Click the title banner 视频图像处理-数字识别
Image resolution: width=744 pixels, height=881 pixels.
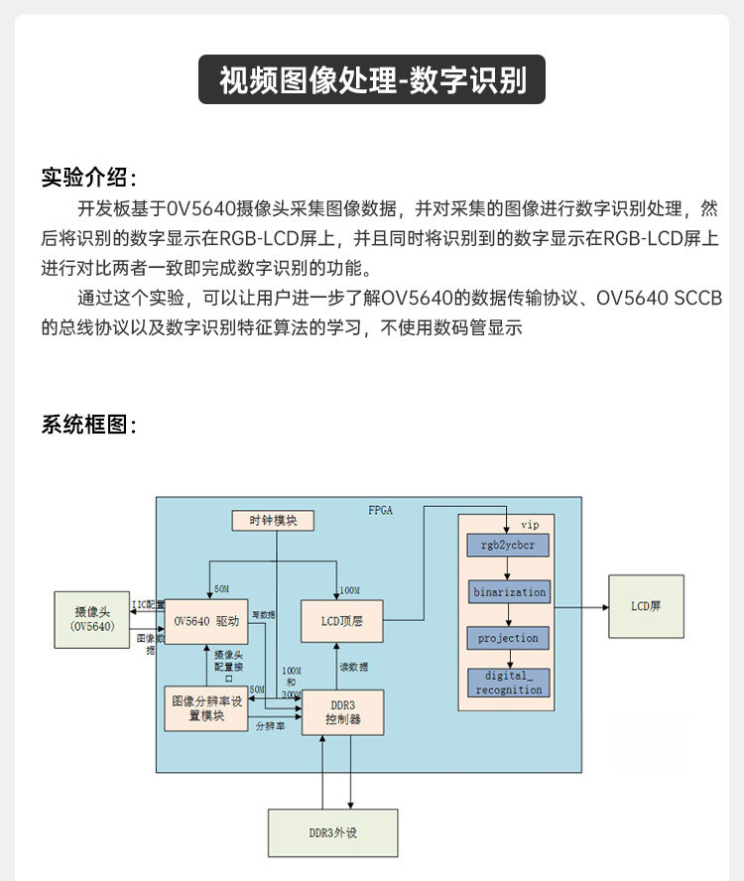point(372,79)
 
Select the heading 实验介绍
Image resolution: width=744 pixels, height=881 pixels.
point(88,178)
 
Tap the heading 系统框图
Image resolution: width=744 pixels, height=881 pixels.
point(88,425)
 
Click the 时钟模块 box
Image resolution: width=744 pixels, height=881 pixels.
point(274,520)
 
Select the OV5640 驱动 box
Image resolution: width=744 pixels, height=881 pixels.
point(206,621)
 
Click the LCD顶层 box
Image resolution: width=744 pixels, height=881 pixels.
point(341,621)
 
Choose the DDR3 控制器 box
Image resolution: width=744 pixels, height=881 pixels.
point(343,711)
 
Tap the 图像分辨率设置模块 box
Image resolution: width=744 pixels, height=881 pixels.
point(206,708)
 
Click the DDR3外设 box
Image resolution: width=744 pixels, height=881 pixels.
point(332,832)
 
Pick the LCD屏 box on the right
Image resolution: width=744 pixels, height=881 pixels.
point(646,606)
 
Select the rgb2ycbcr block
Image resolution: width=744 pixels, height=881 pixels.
point(508,546)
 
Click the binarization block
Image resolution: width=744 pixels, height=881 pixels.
point(509,592)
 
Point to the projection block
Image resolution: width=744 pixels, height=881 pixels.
point(508,638)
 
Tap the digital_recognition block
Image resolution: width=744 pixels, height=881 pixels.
point(508,683)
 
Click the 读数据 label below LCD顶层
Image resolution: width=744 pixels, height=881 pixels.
point(354,666)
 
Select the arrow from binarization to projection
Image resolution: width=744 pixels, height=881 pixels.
point(508,615)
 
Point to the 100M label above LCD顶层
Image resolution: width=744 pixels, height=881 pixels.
point(349,590)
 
